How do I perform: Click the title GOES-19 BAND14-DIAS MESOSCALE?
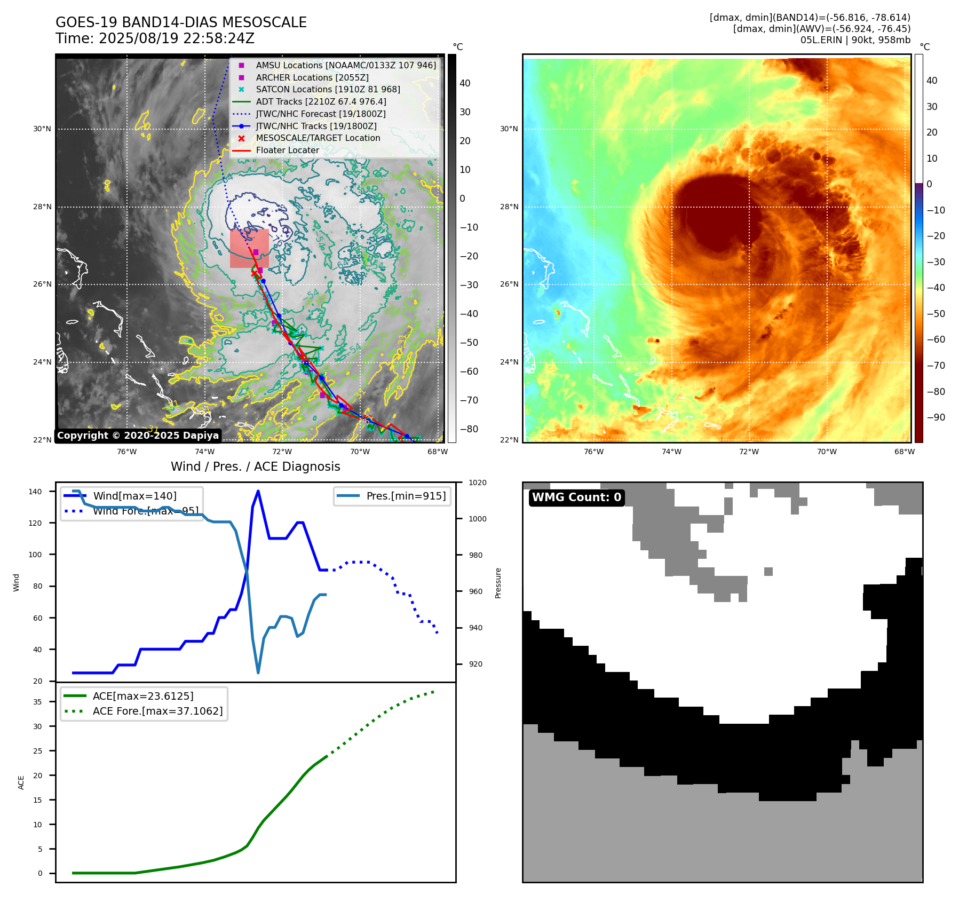coord(181,22)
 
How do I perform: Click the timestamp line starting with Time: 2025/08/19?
coord(155,38)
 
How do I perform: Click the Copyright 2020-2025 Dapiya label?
coord(138,436)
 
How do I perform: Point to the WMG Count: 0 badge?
coord(576,497)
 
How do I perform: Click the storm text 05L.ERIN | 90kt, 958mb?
coord(855,40)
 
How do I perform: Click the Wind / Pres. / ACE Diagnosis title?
coord(255,466)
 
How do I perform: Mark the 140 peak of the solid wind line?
coord(258,491)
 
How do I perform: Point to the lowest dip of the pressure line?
coord(258,672)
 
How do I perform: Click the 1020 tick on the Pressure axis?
coord(477,482)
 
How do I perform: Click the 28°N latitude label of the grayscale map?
coord(42,207)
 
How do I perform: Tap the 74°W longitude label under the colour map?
coord(671,452)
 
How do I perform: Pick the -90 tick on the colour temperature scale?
coord(936,417)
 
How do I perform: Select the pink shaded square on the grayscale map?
coord(249,249)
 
